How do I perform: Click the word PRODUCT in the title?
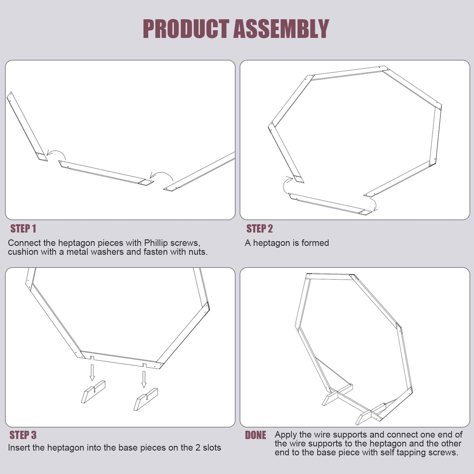pyautogui.click(x=186, y=29)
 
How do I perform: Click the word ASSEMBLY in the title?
pyautogui.click(x=281, y=29)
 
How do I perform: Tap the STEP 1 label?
pyautogui.click(x=23, y=228)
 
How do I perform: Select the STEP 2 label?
pyautogui.click(x=260, y=228)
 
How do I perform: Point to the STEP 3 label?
pyautogui.click(x=23, y=435)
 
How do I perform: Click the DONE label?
pyautogui.click(x=256, y=435)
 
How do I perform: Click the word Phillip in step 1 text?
pyautogui.click(x=156, y=243)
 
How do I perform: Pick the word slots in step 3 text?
pyautogui.click(x=212, y=447)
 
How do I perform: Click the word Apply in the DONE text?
pyautogui.click(x=286, y=435)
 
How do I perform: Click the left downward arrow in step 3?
pyautogui.click(x=92, y=372)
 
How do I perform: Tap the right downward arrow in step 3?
pyautogui.click(x=144, y=379)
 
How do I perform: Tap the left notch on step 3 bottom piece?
pyautogui.click(x=92, y=358)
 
